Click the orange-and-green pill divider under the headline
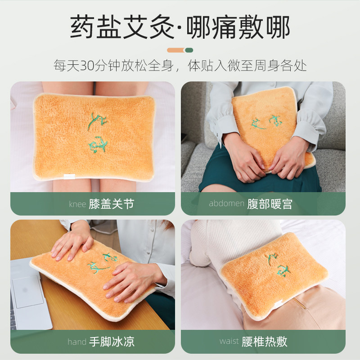[x=180, y=50]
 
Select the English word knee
[x=77, y=204]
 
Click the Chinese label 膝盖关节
[x=112, y=204]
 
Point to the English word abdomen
[x=226, y=203]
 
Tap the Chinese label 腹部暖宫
[x=270, y=204]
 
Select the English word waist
[x=229, y=341]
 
